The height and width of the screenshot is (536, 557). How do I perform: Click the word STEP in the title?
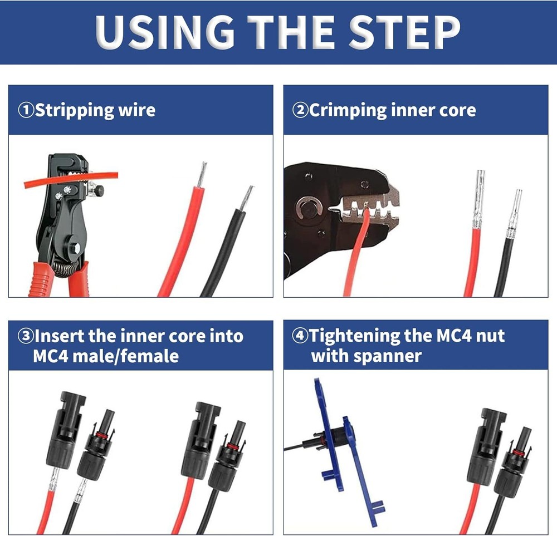click(404, 32)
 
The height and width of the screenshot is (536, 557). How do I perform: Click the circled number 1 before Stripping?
click(26, 110)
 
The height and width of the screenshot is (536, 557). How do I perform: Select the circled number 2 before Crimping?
click(300, 110)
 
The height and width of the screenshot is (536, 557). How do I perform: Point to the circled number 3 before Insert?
click(26, 336)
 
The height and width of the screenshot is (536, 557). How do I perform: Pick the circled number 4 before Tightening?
click(300, 336)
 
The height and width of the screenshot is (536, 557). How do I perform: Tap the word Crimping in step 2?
click(348, 110)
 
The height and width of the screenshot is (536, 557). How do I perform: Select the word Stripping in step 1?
click(75, 110)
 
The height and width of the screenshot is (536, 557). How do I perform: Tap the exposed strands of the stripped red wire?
click(202, 175)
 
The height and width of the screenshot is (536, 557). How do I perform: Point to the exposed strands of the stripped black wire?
click(246, 198)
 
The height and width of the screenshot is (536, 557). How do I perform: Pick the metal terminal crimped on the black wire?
click(514, 214)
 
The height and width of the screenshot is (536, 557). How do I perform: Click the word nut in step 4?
click(491, 336)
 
